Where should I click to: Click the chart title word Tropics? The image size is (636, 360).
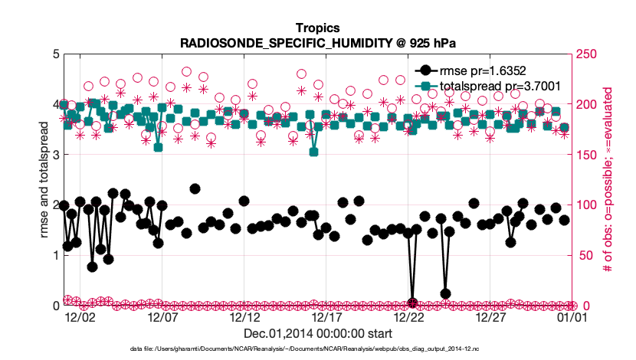(317, 28)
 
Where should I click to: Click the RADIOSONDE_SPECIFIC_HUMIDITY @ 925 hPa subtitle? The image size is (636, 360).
(317, 42)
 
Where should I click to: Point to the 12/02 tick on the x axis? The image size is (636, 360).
(80, 316)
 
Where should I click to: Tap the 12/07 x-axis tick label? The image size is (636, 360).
(162, 316)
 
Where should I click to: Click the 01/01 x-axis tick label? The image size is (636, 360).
(573, 316)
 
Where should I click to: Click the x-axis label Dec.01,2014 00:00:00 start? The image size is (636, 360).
(317, 334)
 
